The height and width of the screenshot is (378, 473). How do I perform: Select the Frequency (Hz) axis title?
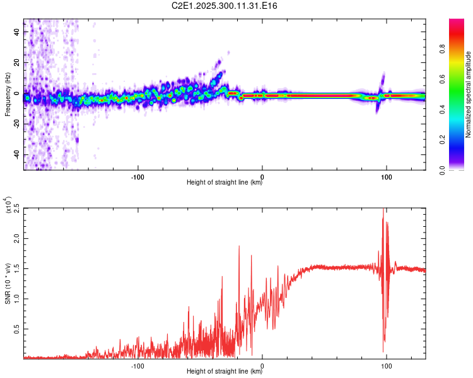coord(8,94)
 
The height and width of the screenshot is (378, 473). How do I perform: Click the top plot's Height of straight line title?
coord(225,183)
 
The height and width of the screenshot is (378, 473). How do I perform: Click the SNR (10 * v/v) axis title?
coord(8,283)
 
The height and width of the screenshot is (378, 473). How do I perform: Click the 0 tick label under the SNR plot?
coord(262,365)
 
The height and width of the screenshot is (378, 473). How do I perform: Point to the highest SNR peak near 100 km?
coord(383,210)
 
